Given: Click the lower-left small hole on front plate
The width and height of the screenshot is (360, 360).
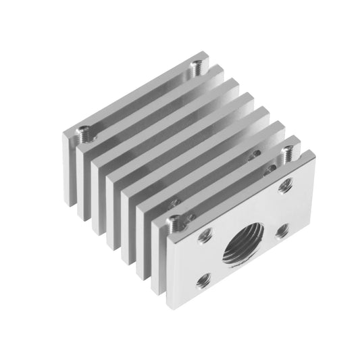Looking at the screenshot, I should [x=201, y=280].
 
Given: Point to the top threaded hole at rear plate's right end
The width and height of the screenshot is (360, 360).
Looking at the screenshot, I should [x=197, y=66].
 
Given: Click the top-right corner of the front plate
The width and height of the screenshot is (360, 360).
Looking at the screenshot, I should [x=315, y=155].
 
